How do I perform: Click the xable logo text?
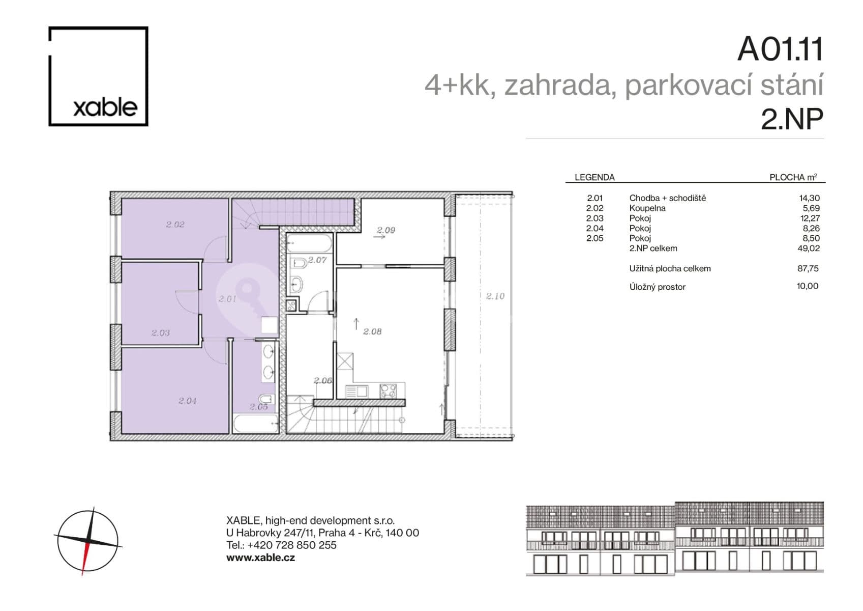pos(105,107)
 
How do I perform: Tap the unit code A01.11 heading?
pos(780,49)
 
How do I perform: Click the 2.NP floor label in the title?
pos(791,119)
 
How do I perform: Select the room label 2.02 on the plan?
pos(175,224)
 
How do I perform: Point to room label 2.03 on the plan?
pos(161,332)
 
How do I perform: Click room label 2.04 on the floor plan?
pos(187,401)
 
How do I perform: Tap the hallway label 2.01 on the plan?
pos(227,299)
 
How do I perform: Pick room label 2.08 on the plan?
pos(372,331)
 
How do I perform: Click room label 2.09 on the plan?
pos(386,230)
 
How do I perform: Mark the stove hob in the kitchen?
pos(389,391)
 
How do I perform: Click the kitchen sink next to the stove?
pos(357,391)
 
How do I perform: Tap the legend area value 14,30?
pos(809,198)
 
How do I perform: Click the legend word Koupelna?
pos(647,208)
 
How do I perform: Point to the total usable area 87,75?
pos(808,268)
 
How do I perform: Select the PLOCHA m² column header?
pos(793,177)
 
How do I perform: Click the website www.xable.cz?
pos(260,558)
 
